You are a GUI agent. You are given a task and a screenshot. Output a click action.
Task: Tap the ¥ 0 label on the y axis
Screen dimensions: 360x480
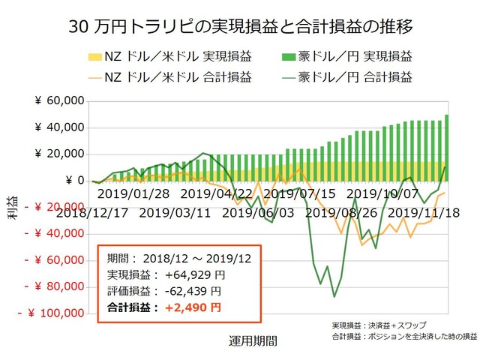[72, 180]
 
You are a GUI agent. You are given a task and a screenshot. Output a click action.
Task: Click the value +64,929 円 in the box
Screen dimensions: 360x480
[192, 275]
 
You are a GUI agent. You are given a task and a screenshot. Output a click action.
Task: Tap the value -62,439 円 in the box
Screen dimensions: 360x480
[192, 291]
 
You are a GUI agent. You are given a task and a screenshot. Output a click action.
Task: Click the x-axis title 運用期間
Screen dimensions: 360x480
[252, 340]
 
